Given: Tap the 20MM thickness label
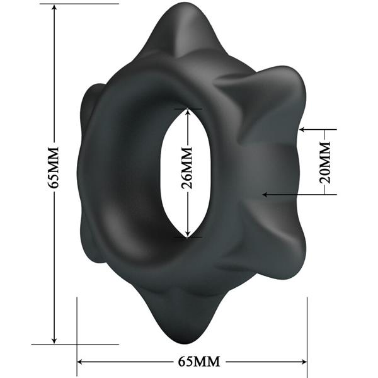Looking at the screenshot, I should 325,162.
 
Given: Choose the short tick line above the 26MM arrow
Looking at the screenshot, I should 188,108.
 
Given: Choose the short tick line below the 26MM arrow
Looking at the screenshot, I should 188,238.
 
